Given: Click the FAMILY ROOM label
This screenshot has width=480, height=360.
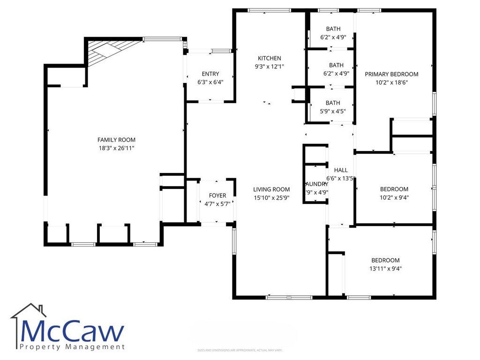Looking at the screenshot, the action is [116, 140].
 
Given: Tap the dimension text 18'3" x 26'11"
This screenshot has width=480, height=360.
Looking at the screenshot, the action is [116, 148].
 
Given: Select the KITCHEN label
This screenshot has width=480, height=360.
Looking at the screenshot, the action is [269, 58].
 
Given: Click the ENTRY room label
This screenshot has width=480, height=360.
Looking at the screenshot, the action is [210, 74].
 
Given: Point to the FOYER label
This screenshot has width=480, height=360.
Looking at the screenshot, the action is [217, 195].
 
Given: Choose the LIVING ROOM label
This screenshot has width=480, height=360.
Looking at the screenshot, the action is [271, 189].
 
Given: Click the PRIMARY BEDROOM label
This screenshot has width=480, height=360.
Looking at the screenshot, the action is [391, 74].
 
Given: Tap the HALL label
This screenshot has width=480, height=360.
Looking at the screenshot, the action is [341, 170].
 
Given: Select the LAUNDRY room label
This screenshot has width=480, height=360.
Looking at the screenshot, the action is [316, 184].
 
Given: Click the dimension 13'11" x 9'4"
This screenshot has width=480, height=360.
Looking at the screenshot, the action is [385, 269].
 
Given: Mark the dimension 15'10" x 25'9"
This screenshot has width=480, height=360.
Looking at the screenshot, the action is [271, 198].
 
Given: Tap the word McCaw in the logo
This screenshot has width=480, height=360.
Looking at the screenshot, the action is [73, 332].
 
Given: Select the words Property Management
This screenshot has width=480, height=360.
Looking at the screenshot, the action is [73, 347].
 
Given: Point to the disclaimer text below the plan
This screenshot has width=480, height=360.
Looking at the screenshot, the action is [240, 350].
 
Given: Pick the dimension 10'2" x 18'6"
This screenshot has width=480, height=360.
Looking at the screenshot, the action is [391, 82].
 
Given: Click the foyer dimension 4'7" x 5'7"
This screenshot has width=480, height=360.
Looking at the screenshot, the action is [217, 204].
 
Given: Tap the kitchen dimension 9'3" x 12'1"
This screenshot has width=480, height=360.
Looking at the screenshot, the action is [269, 67].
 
